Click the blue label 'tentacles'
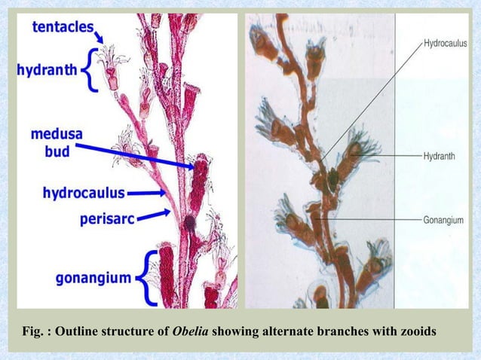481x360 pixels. pyautogui.click(x=63, y=28)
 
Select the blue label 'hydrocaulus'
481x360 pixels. pyautogui.click(x=84, y=194)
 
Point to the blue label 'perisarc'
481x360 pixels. pyautogui.click(x=108, y=219)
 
